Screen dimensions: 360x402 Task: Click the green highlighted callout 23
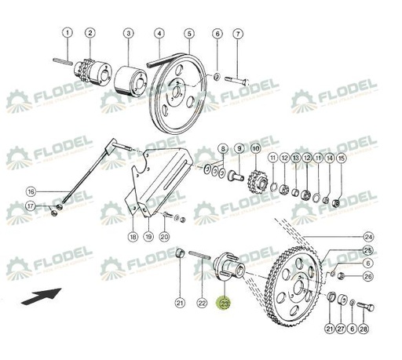click(225, 304)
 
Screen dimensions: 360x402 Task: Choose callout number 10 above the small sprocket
click(255, 147)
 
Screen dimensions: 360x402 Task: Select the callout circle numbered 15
click(341, 158)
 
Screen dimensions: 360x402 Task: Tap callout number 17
click(31, 206)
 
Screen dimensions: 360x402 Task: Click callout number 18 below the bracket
click(133, 236)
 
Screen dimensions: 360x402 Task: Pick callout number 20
click(163, 236)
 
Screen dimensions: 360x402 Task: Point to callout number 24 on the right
click(368, 236)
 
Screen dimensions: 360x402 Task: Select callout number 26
click(368, 276)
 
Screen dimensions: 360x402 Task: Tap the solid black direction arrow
click(43, 298)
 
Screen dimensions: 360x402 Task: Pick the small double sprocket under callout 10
click(255, 181)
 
